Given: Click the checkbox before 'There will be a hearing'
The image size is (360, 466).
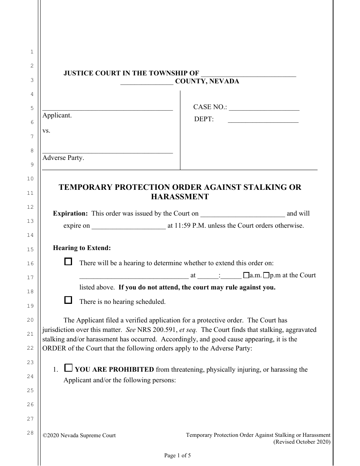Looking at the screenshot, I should click(x=68, y=261).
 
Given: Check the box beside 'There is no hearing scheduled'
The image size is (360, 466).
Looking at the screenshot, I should click(x=68, y=300).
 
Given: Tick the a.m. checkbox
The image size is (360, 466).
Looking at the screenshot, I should click(x=246, y=275).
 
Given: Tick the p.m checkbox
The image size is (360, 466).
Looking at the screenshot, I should click(x=266, y=275).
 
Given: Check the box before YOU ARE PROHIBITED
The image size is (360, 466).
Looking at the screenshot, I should click(x=68, y=367).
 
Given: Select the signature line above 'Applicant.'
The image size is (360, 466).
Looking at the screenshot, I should click(x=108, y=108).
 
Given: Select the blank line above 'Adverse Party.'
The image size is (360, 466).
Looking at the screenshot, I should click(x=108, y=151).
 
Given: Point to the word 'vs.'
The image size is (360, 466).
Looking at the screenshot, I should click(x=46, y=131).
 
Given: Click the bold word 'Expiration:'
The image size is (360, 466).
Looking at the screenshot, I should click(x=70, y=213).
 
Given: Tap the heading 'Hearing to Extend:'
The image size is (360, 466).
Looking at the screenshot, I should click(x=82, y=248).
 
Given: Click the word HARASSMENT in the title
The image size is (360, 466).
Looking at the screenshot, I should click(x=180, y=197).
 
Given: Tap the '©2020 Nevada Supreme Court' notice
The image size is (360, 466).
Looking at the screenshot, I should click(x=79, y=436).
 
